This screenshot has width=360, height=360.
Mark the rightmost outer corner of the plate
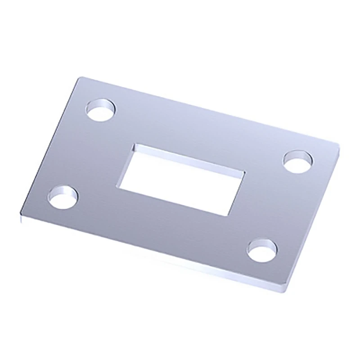[338, 145]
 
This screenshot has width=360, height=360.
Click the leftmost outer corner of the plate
[20, 213]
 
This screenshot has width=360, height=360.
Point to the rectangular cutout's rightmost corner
[245, 172]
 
